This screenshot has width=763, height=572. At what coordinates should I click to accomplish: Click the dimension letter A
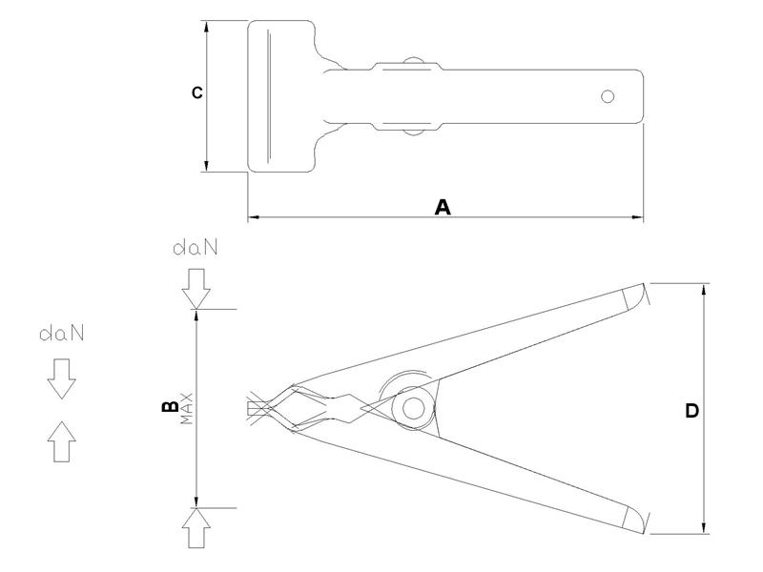443,207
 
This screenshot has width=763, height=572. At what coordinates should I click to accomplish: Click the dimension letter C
196,92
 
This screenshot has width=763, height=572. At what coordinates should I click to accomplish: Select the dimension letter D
691,411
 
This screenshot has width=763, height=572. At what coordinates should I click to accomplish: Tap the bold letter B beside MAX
170,407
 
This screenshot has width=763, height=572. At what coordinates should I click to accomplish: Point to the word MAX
186,409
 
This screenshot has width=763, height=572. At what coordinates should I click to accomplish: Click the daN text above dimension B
196,248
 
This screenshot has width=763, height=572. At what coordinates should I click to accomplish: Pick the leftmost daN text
62,334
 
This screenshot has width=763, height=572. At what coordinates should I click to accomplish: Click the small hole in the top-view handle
608,96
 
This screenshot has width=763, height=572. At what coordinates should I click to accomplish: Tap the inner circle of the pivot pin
413,409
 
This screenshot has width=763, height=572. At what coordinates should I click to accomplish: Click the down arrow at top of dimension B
196,289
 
